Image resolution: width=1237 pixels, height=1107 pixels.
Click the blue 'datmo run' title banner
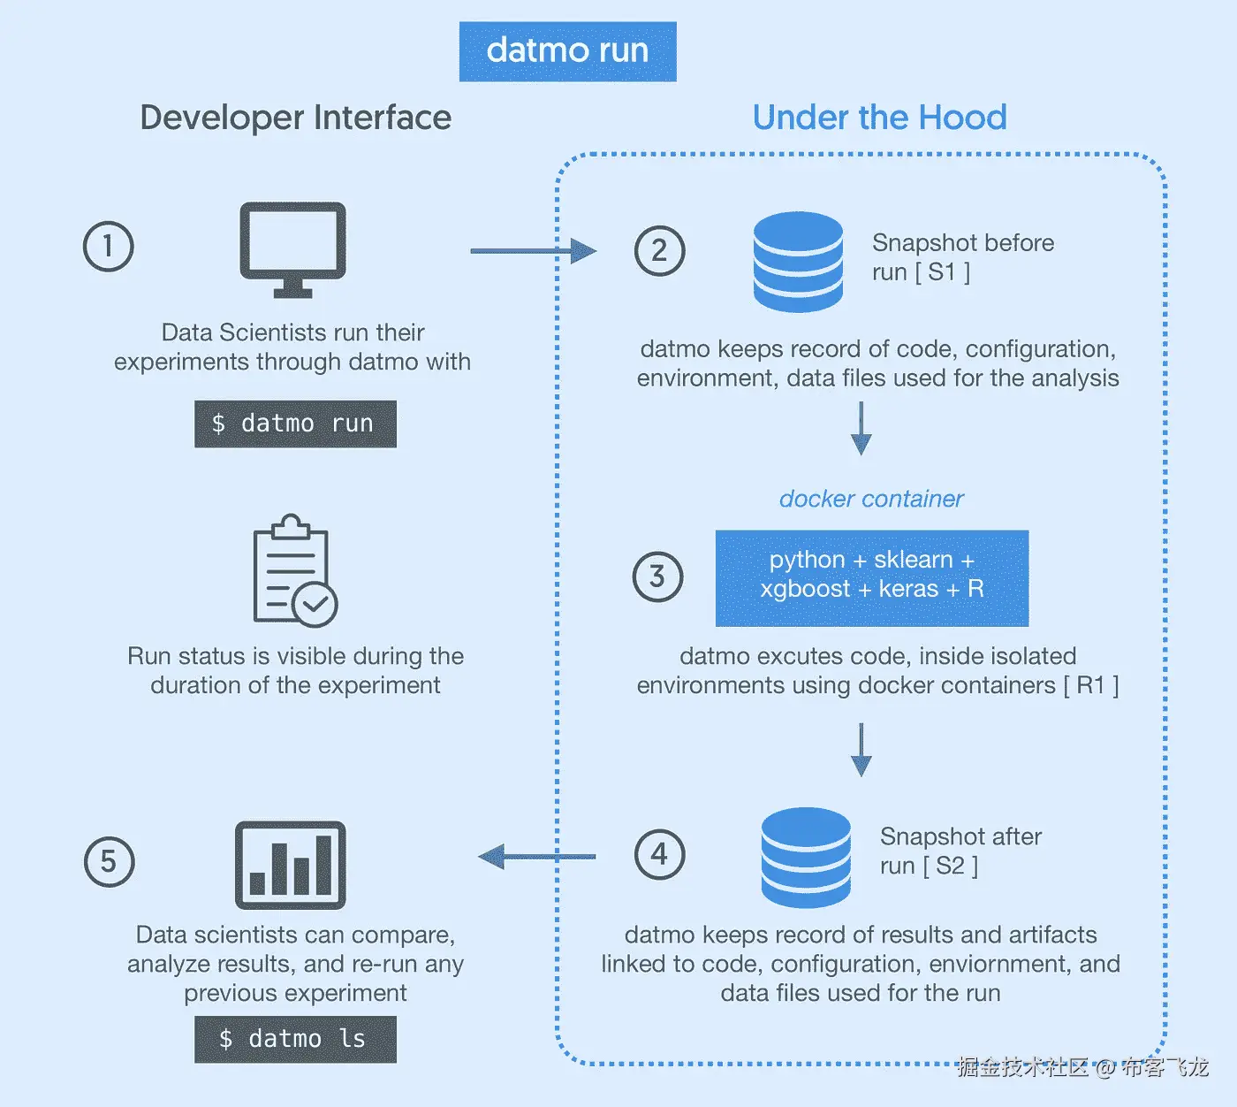[567, 51]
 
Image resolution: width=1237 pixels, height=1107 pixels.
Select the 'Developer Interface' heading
[295, 118]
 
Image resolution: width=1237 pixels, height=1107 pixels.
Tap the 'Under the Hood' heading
[879, 118]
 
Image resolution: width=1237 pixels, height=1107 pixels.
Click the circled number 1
[108, 246]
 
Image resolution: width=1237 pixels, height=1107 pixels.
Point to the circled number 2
[659, 251]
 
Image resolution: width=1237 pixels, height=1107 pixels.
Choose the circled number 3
[657, 576]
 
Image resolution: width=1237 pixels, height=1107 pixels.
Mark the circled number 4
[659, 854]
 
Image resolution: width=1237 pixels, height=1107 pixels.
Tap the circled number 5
[109, 861]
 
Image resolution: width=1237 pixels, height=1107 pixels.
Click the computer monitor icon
[292, 249]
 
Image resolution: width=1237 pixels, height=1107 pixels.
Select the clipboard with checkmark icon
[294, 571]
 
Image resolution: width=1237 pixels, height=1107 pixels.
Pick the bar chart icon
[290, 865]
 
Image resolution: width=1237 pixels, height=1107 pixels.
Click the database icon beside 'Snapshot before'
[798, 262]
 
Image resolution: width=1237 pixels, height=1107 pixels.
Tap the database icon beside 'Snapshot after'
[806, 857]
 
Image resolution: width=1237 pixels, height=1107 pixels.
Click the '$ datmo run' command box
[295, 424]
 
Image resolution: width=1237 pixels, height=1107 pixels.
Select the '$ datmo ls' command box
[295, 1039]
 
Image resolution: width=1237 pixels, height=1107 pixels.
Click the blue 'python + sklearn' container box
[871, 578]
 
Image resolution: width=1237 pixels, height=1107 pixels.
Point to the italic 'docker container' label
[871, 499]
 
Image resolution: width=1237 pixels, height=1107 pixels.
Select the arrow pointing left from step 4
[536, 856]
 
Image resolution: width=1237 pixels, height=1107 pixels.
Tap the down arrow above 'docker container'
[861, 429]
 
